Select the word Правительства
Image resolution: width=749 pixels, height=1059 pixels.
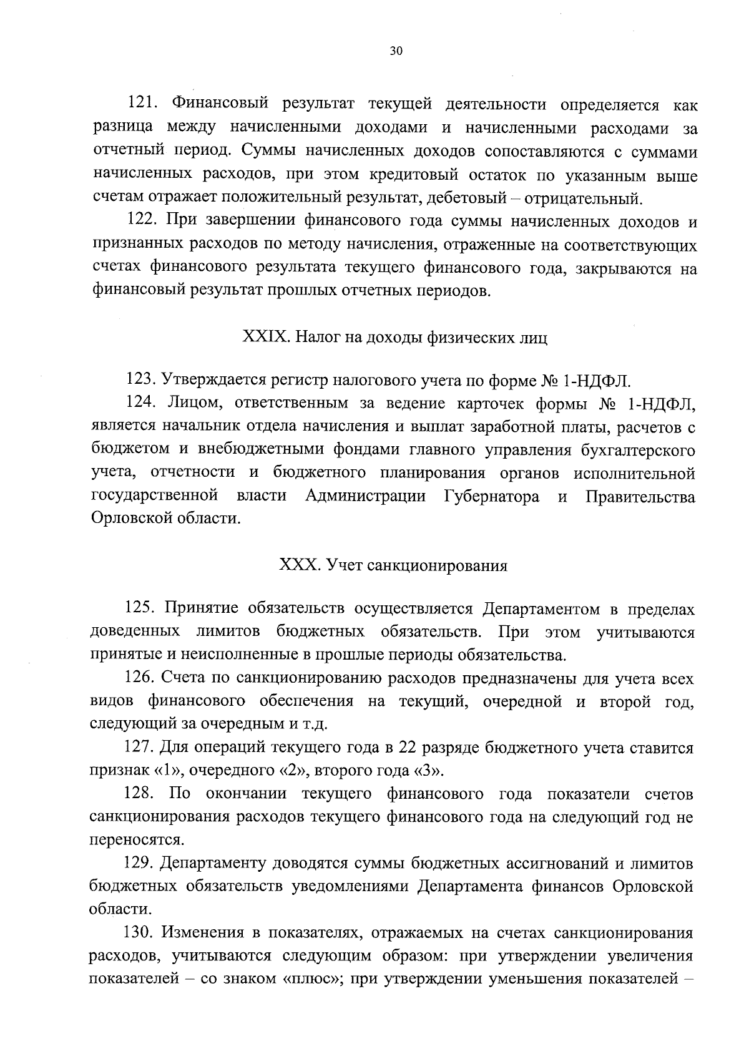[640, 496]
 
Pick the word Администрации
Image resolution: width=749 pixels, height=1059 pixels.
[366, 496]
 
